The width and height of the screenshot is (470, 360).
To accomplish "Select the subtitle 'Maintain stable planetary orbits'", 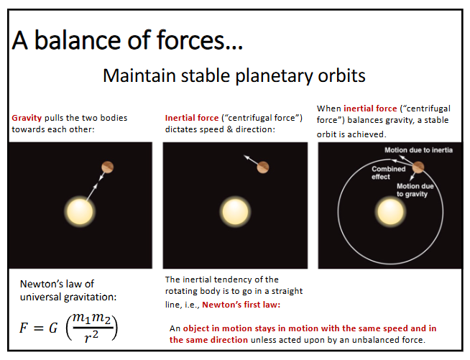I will click(234, 75).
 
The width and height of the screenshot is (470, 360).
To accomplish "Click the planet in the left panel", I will click(107, 167).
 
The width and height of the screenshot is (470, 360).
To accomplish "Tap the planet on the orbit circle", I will click(418, 167).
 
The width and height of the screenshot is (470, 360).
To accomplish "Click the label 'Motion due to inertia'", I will click(418, 151).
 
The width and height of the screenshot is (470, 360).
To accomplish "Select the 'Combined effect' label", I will click(388, 172).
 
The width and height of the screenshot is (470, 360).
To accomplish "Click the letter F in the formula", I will click(24, 328).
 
